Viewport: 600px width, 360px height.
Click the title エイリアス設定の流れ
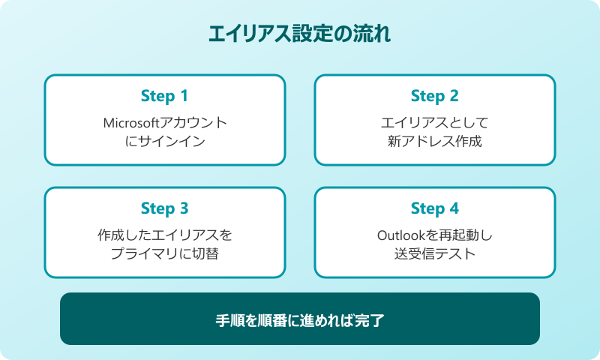[x=300, y=34]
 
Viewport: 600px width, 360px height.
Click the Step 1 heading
[x=165, y=96]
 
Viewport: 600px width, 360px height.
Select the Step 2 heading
[x=435, y=96]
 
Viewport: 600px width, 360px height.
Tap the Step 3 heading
[x=165, y=208]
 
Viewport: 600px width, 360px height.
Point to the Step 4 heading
[x=435, y=208]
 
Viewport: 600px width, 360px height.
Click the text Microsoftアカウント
[x=165, y=122]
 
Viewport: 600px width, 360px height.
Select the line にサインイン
[x=165, y=140]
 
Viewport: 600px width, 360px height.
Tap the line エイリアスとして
[x=435, y=122]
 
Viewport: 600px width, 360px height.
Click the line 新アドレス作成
[x=435, y=140]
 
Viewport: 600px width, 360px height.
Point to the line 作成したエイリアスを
[x=165, y=235]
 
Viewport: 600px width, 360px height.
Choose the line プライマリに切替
[x=165, y=253]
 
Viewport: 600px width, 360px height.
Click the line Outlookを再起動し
[x=435, y=235]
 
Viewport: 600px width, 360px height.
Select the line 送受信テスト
[x=435, y=253]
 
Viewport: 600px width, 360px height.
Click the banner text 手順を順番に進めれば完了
[x=300, y=319]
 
